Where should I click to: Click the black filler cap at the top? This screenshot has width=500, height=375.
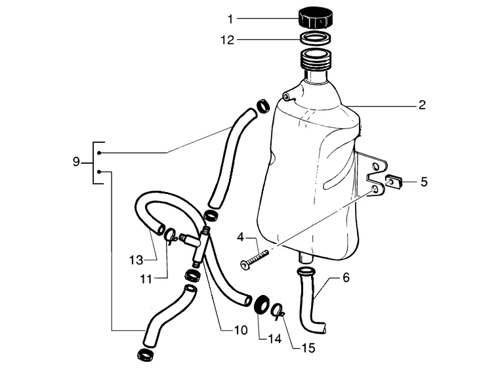click(x=316, y=18)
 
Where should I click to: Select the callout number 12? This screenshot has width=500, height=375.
click(x=228, y=40)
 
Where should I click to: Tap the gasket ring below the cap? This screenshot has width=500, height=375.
click(x=316, y=38)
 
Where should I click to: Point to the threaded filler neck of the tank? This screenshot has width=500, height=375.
click(x=315, y=60)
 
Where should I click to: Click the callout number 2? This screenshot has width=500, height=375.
click(x=422, y=105)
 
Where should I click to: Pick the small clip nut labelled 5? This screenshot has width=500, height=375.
click(x=394, y=182)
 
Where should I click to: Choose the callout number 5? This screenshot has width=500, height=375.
click(x=424, y=182)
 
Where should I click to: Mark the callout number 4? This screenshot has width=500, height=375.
click(x=240, y=237)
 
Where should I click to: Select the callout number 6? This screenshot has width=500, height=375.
click(x=346, y=277)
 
